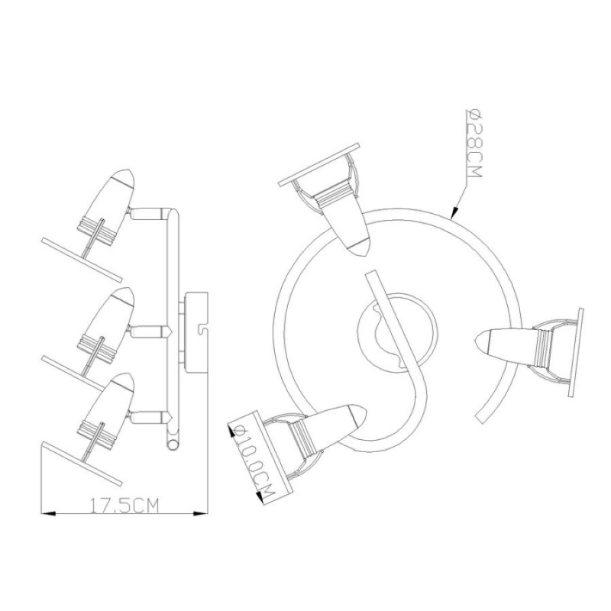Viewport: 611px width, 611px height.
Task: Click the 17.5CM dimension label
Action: [x=124, y=506]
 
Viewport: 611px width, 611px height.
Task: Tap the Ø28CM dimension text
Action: [x=474, y=143]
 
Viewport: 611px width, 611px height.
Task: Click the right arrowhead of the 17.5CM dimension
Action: [x=201, y=513]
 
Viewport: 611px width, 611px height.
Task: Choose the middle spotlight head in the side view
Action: [x=106, y=327]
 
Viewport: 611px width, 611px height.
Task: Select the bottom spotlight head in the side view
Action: [x=106, y=412]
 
